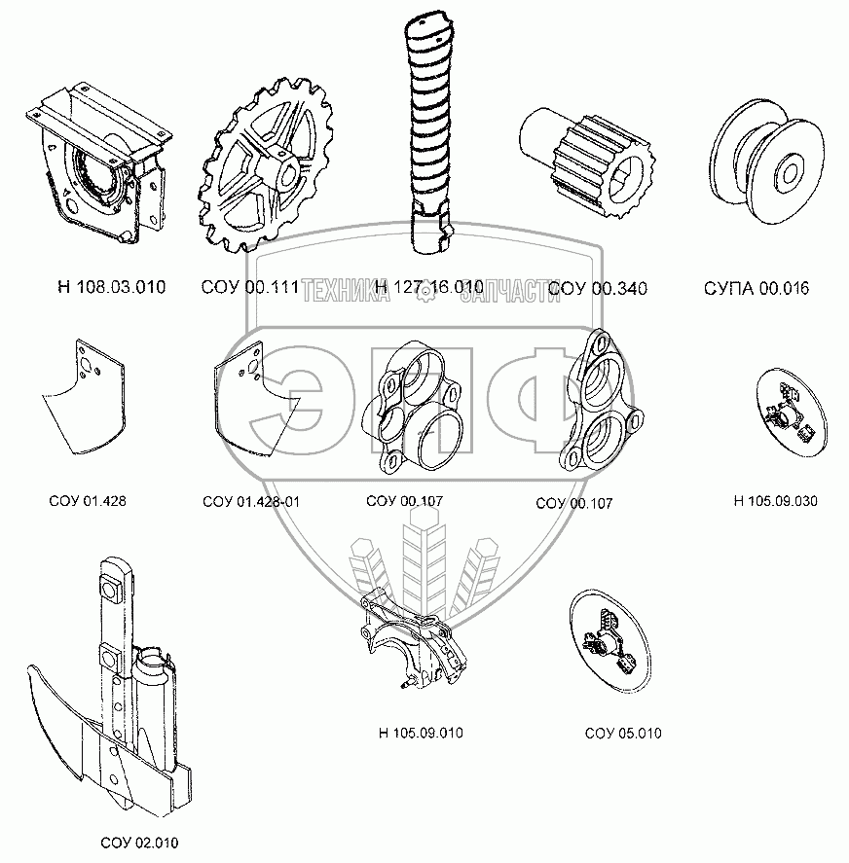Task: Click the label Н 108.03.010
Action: tap(112, 287)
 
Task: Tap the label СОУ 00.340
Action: tap(598, 288)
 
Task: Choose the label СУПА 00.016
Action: tap(757, 288)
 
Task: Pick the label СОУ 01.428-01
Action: tap(251, 502)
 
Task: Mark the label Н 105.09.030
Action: tap(775, 502)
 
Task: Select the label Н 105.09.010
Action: tap(422, 733)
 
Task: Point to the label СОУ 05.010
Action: tap(623, 733)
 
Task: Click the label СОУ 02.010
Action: tap(140, 843)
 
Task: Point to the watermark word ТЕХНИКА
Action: tap(348, 293)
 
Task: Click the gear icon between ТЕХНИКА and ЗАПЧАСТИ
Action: tap(425, 295)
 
